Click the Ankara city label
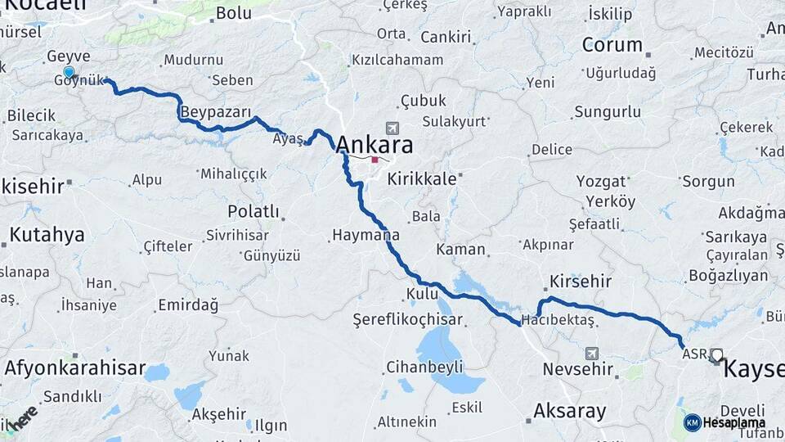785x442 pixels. tap(375, 144)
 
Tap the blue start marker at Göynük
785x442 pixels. tap(69, 72)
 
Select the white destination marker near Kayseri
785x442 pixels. tap(716, 355)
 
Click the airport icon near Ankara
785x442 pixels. tap(394, 129)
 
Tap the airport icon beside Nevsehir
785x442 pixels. tap(591, 354)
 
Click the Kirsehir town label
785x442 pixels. tap(581, 281)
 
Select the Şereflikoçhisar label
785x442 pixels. tap(407, 319)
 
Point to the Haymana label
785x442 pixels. tap(366, 235)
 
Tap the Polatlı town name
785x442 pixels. tap(253, 212)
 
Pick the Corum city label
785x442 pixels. tap(611, 45)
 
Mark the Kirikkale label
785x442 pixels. tap(421, 178)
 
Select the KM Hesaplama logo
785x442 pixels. tap(724, 422)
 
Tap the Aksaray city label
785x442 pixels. tap(570, 410)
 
